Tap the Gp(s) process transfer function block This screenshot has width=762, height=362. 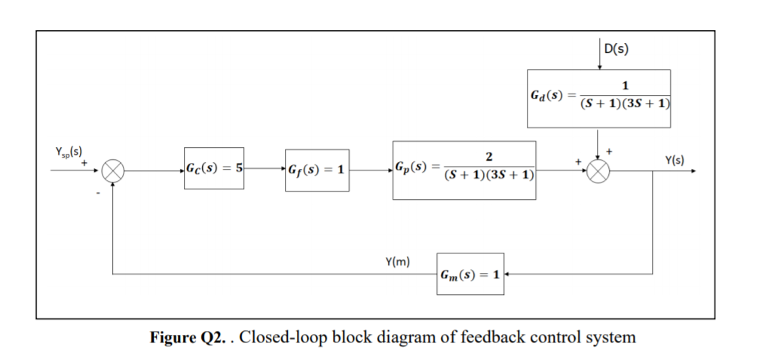[x=464, y=170]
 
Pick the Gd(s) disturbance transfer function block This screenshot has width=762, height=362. [x=598, y=96]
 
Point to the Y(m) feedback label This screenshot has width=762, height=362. [x=397, y=262]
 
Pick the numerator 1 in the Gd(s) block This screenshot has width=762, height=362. [x=625, y=84]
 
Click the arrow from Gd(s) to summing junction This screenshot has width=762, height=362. [x=598, y=140]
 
